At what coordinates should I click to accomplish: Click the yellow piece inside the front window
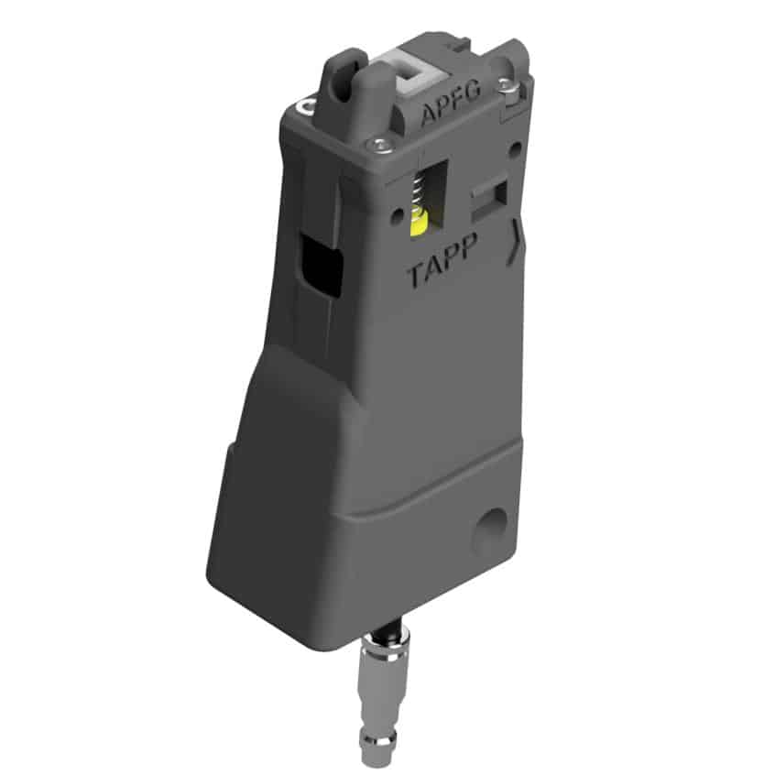click(420, 224)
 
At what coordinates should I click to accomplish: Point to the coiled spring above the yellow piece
click(419, 193)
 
